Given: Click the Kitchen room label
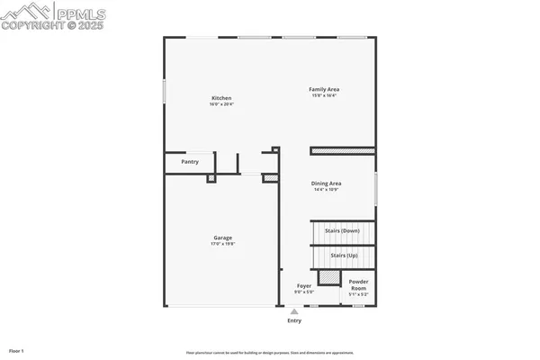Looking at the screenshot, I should point(221,97).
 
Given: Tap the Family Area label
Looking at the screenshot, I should point(324,89).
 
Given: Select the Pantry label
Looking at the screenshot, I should point(190,162).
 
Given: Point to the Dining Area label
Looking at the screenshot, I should point(327,183).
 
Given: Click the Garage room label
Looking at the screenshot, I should point(222,238).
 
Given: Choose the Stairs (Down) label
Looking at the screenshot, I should point(342,230).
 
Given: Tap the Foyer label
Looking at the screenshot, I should point(304,286).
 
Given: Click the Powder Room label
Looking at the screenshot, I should point(358,283).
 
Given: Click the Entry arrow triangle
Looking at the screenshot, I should point(293,310).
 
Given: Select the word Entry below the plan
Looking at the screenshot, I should point(294,320).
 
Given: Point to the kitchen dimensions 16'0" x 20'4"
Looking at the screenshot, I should point(221,104).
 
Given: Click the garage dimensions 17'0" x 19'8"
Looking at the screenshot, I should point(222,245).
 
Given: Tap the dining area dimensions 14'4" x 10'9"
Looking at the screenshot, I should point(327,190).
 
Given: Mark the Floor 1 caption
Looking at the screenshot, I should point(16,349).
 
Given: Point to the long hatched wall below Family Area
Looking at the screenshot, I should point(342,151).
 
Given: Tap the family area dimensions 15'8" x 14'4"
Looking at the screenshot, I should point(324,96).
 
